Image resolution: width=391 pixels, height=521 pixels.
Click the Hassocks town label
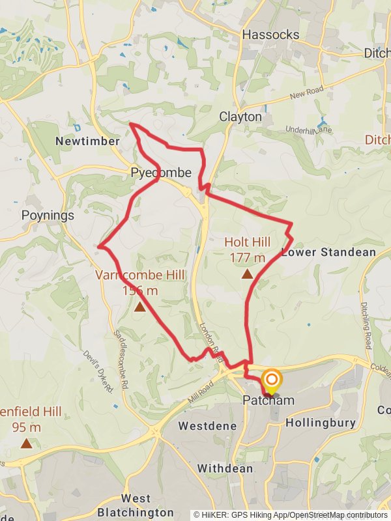270,35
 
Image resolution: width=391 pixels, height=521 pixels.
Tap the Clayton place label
240,117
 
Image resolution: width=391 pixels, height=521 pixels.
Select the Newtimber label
87,141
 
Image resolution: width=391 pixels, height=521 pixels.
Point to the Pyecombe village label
161,173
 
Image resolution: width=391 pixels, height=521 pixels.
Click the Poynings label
48,215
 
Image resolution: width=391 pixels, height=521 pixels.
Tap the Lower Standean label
328,252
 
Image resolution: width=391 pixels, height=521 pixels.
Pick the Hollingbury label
321,423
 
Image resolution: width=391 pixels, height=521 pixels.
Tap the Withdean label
225,468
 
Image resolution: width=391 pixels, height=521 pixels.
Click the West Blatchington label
136,505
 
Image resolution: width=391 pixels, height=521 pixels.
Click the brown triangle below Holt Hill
247,274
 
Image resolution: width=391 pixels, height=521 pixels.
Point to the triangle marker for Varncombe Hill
139,305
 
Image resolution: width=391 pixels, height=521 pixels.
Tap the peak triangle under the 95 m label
26,444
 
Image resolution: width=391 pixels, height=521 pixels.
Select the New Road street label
307,95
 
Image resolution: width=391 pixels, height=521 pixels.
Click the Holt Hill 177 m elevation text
248,249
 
